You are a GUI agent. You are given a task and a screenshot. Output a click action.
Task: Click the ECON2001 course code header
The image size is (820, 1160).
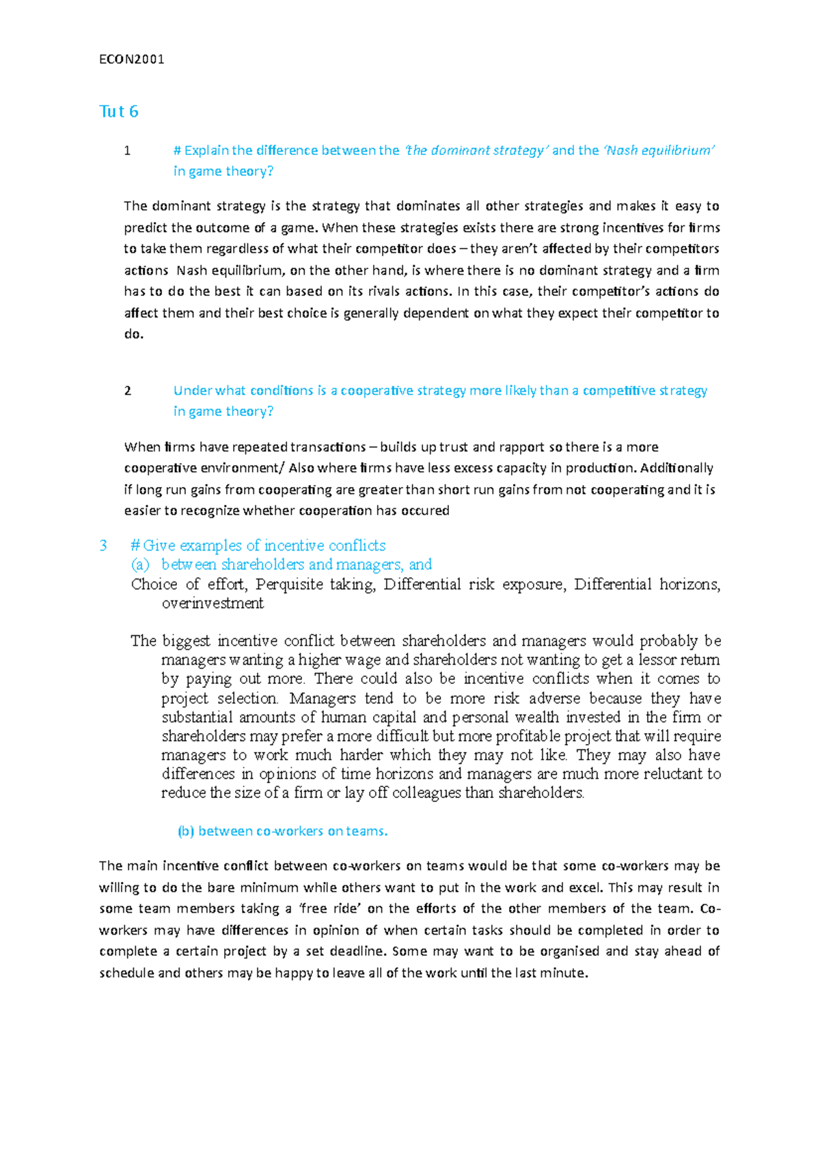tap(132, 59)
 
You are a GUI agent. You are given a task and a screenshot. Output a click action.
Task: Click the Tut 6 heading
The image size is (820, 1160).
tap(119, 111)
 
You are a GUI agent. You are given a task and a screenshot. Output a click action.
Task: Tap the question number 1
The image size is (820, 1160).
tap(127, 150)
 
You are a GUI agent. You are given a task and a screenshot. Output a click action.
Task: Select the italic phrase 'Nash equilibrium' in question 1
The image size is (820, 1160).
tap(659, 150)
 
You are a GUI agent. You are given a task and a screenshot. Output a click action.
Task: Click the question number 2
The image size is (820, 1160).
tap(127, 391)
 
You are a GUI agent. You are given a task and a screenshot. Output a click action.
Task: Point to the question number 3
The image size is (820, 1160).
tap(103, 545)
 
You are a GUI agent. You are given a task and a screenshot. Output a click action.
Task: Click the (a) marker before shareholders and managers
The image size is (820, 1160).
tap(140, 564)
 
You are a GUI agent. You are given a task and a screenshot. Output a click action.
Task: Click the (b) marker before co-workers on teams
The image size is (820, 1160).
tap(186, 831)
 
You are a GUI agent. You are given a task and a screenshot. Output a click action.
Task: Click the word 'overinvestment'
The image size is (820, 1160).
tap(213, 603)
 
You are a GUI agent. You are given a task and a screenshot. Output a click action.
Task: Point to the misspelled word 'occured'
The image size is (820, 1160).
tap(426, 511)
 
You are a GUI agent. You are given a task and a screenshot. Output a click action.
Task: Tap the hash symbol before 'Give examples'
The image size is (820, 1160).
tap(135, 545)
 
